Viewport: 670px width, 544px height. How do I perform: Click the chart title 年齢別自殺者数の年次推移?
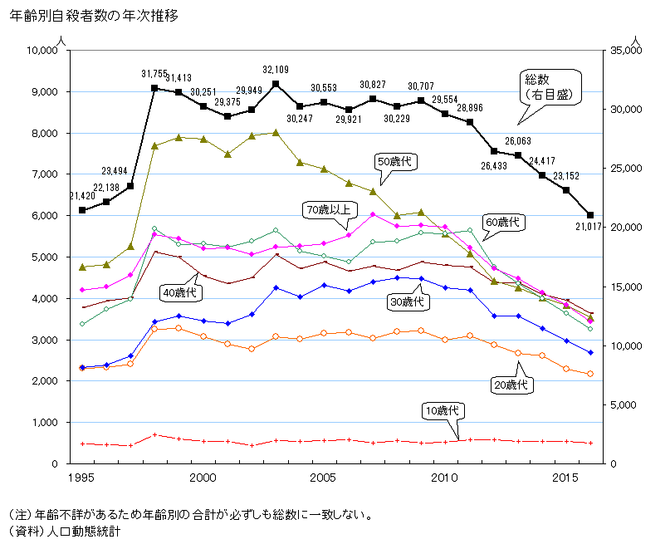coord(93,16)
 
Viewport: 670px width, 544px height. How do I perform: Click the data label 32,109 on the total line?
coord(276,69)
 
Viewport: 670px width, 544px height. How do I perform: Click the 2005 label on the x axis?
coord(323,478)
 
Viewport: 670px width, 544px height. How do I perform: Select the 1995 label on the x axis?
coord(81,478)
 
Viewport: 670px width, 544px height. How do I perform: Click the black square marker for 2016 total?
coord(589,215)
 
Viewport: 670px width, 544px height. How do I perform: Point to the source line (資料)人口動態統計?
coord(63,530)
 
